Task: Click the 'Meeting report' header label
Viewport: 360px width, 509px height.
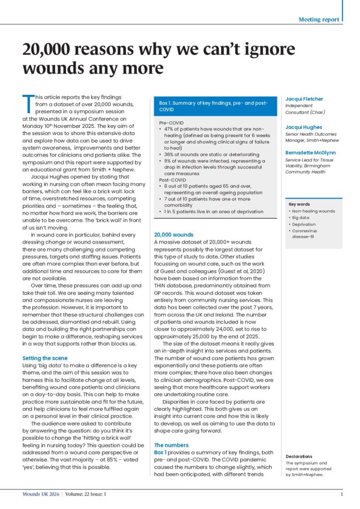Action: [x=319, y=19]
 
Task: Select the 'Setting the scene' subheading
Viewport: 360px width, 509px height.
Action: [x=45, y=357]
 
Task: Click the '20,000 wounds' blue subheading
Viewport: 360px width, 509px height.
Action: [x=174, y=234]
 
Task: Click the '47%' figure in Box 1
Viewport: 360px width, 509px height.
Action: [x=170, y=129]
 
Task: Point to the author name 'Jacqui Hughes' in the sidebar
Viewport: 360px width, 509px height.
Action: [x=303, y=127]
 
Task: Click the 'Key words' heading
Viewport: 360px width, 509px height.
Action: [x=299, y=204]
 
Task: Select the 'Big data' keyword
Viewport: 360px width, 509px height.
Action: [x=301, y=217]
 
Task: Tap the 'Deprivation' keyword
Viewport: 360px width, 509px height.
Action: [x=304, y=224]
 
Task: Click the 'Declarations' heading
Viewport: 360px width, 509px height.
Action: [x=299, y=456]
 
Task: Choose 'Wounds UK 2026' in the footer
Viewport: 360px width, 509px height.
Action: [x=41, y=495]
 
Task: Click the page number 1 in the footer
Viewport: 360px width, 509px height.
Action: [x=342, y=495]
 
